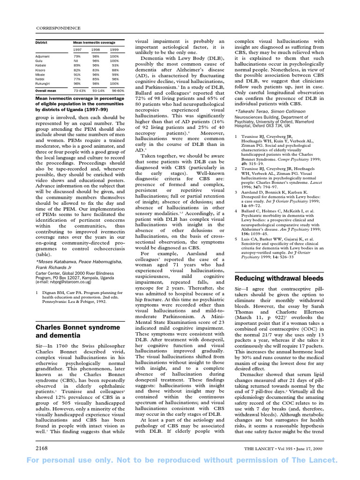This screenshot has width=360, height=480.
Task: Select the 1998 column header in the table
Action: click(x=96, y=49)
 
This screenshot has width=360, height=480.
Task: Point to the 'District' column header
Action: click(x=42, y=42)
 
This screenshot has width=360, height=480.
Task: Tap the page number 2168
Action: click(x=42, y=449)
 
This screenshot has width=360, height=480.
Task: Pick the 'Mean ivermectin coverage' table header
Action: click(x=93, y=42)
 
